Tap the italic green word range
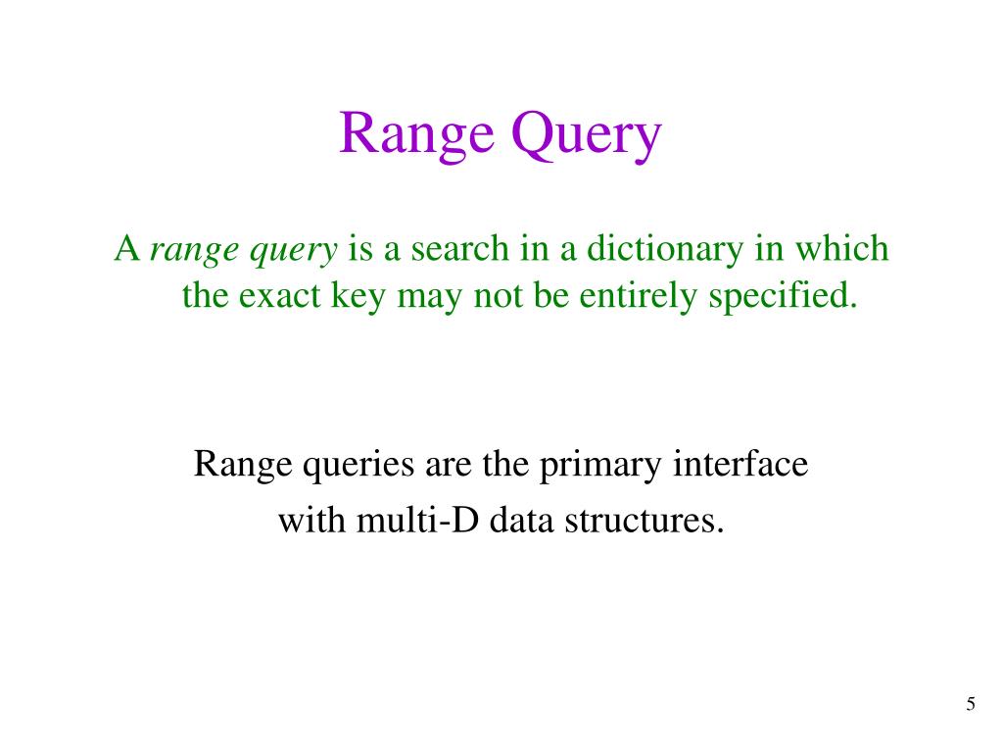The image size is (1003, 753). tap(194, 251)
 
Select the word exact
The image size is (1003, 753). tap(277, 295)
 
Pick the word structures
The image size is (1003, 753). tap(644, 520)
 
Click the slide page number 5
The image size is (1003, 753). tap(971, 704)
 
